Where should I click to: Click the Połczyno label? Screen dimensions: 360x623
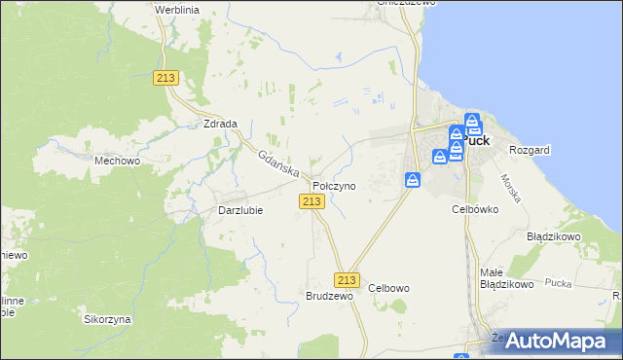click(x=334, y=185)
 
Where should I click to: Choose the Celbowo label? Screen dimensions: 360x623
click(x=389, y=288)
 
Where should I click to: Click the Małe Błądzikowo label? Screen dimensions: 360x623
click(x=506, y=278)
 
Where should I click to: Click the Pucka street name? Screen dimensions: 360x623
click(x=558, y=283)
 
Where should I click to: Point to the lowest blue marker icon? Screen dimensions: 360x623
click(x=413, y=180)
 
